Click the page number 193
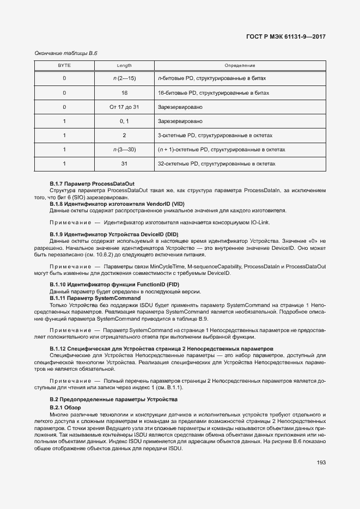tap(321, 463)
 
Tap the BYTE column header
tap(64, 65)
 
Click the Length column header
tap(124, 65)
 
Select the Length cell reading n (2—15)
tap(124, 78)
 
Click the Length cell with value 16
tap(124, 93)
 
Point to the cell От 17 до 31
tap(124, 107)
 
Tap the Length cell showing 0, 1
tap(124, 121)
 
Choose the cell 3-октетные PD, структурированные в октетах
tap(215, 135)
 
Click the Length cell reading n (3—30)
tap(124, 149)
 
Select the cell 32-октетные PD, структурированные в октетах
tap(216, 163)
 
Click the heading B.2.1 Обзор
tap(65, 408)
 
